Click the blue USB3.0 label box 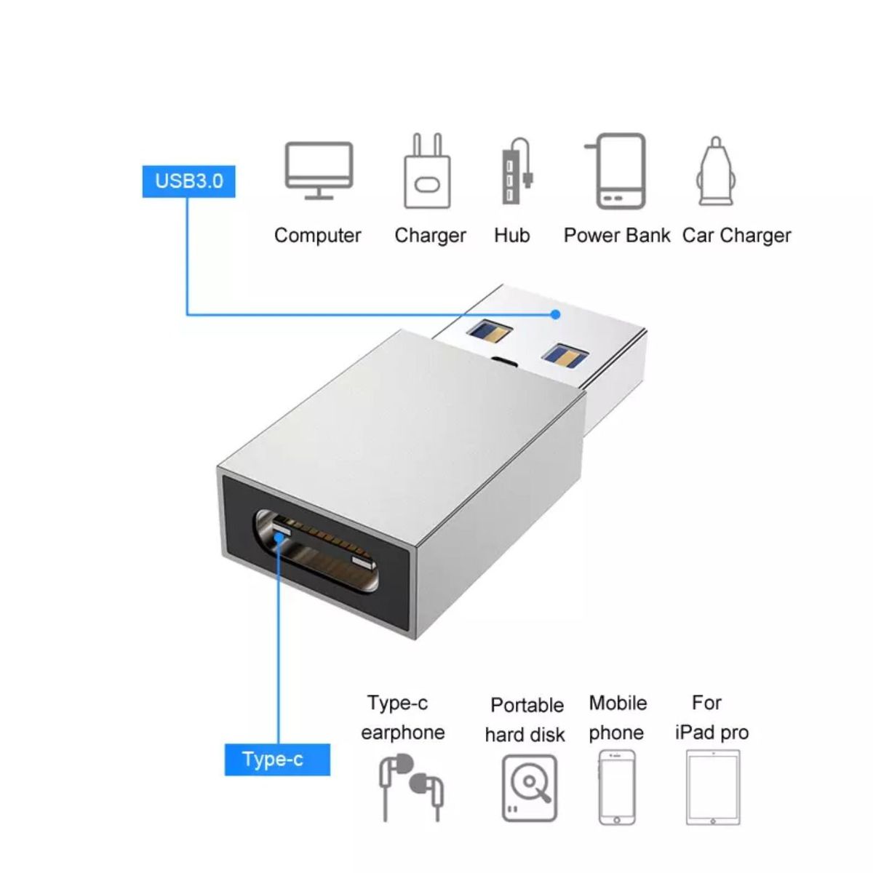coord(188,180)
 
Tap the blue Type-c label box coord(276,760)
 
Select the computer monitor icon coord(319,171)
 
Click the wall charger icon coord(427,172)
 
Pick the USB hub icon coord(515,172)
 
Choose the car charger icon coord(716,172)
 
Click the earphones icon coord(412,788)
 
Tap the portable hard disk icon coord(530,788)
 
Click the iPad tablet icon coord(713,788)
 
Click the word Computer coord(317,236)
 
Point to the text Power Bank coord(617,236)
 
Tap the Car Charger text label coord(736,236)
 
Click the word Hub coord(512,236)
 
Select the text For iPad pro coord(711,717)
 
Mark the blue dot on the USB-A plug coord(555,314)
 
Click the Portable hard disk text coord(526,719)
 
